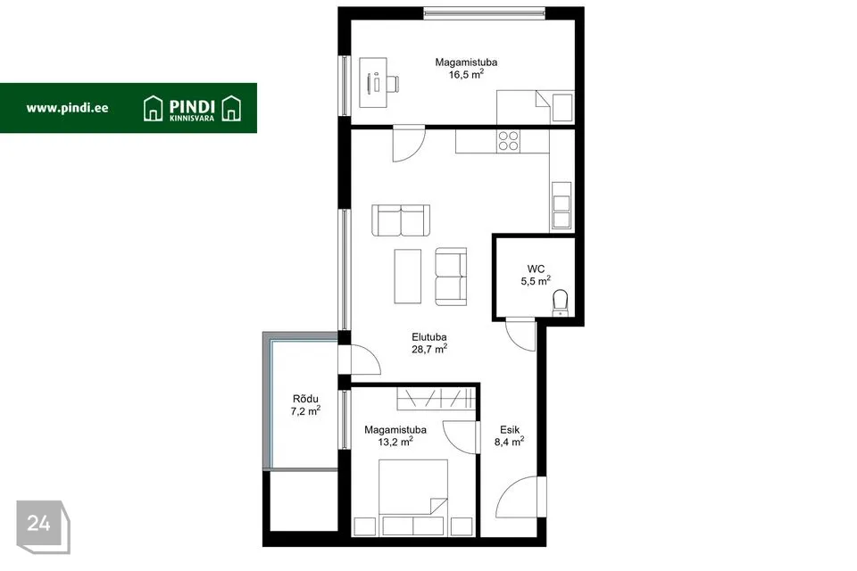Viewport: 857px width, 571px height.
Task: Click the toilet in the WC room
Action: tap(561, 302)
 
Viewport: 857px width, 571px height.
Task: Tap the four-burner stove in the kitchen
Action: tap(508, 141)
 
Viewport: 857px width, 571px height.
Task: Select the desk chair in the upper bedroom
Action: tap(392, 84)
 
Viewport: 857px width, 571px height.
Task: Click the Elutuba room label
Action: tap(429, 337)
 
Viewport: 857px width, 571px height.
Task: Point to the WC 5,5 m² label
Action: tap(536, 275)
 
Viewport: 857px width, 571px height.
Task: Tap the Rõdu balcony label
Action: tap(305, 399)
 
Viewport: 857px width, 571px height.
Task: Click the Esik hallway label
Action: tap(510, 430)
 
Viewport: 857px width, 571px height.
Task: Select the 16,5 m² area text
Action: tap(466, 74)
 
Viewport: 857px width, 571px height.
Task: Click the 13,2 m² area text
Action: tap(395, 442)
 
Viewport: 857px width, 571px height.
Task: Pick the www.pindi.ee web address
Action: tap(67, 108)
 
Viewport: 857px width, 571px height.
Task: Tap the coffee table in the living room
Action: tap(408, 276)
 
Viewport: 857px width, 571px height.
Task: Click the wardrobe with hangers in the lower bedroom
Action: tap(437, 398)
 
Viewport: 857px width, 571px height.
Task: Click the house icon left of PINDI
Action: tap(153, 108)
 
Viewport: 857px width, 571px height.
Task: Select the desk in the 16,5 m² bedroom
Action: tap(373, 82)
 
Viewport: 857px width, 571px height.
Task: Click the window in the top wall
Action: tap(484, 13)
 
